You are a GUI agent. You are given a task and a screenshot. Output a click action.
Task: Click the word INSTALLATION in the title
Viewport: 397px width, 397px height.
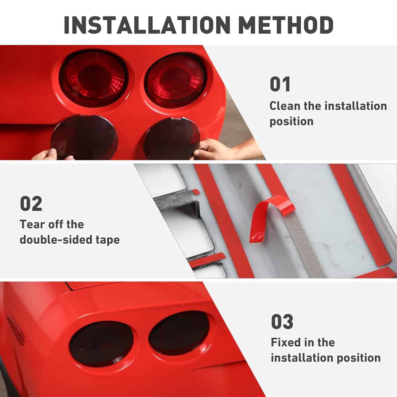147,25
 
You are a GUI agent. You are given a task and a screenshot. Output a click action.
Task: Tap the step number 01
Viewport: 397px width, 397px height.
280,84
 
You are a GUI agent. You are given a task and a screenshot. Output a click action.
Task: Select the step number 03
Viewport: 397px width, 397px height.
282,322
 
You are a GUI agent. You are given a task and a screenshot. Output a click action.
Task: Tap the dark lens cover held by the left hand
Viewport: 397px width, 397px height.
84,137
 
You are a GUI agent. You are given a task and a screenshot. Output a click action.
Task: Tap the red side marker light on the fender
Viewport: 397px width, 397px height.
16,330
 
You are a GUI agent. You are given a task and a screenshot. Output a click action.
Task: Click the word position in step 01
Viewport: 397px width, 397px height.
291,122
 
